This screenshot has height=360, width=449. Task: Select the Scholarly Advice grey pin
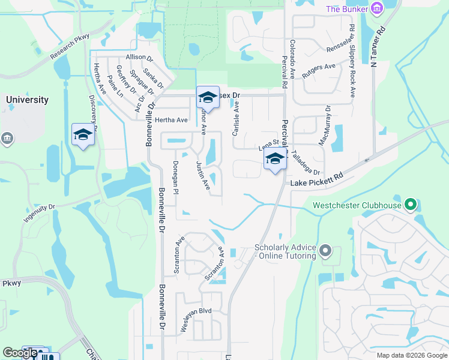click(x=325, y=250)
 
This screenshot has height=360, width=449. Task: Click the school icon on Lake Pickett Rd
click(x=275, y=160)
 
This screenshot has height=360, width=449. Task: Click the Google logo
click(x=20, y=353)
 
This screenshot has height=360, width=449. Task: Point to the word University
click(x=27, y=100)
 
